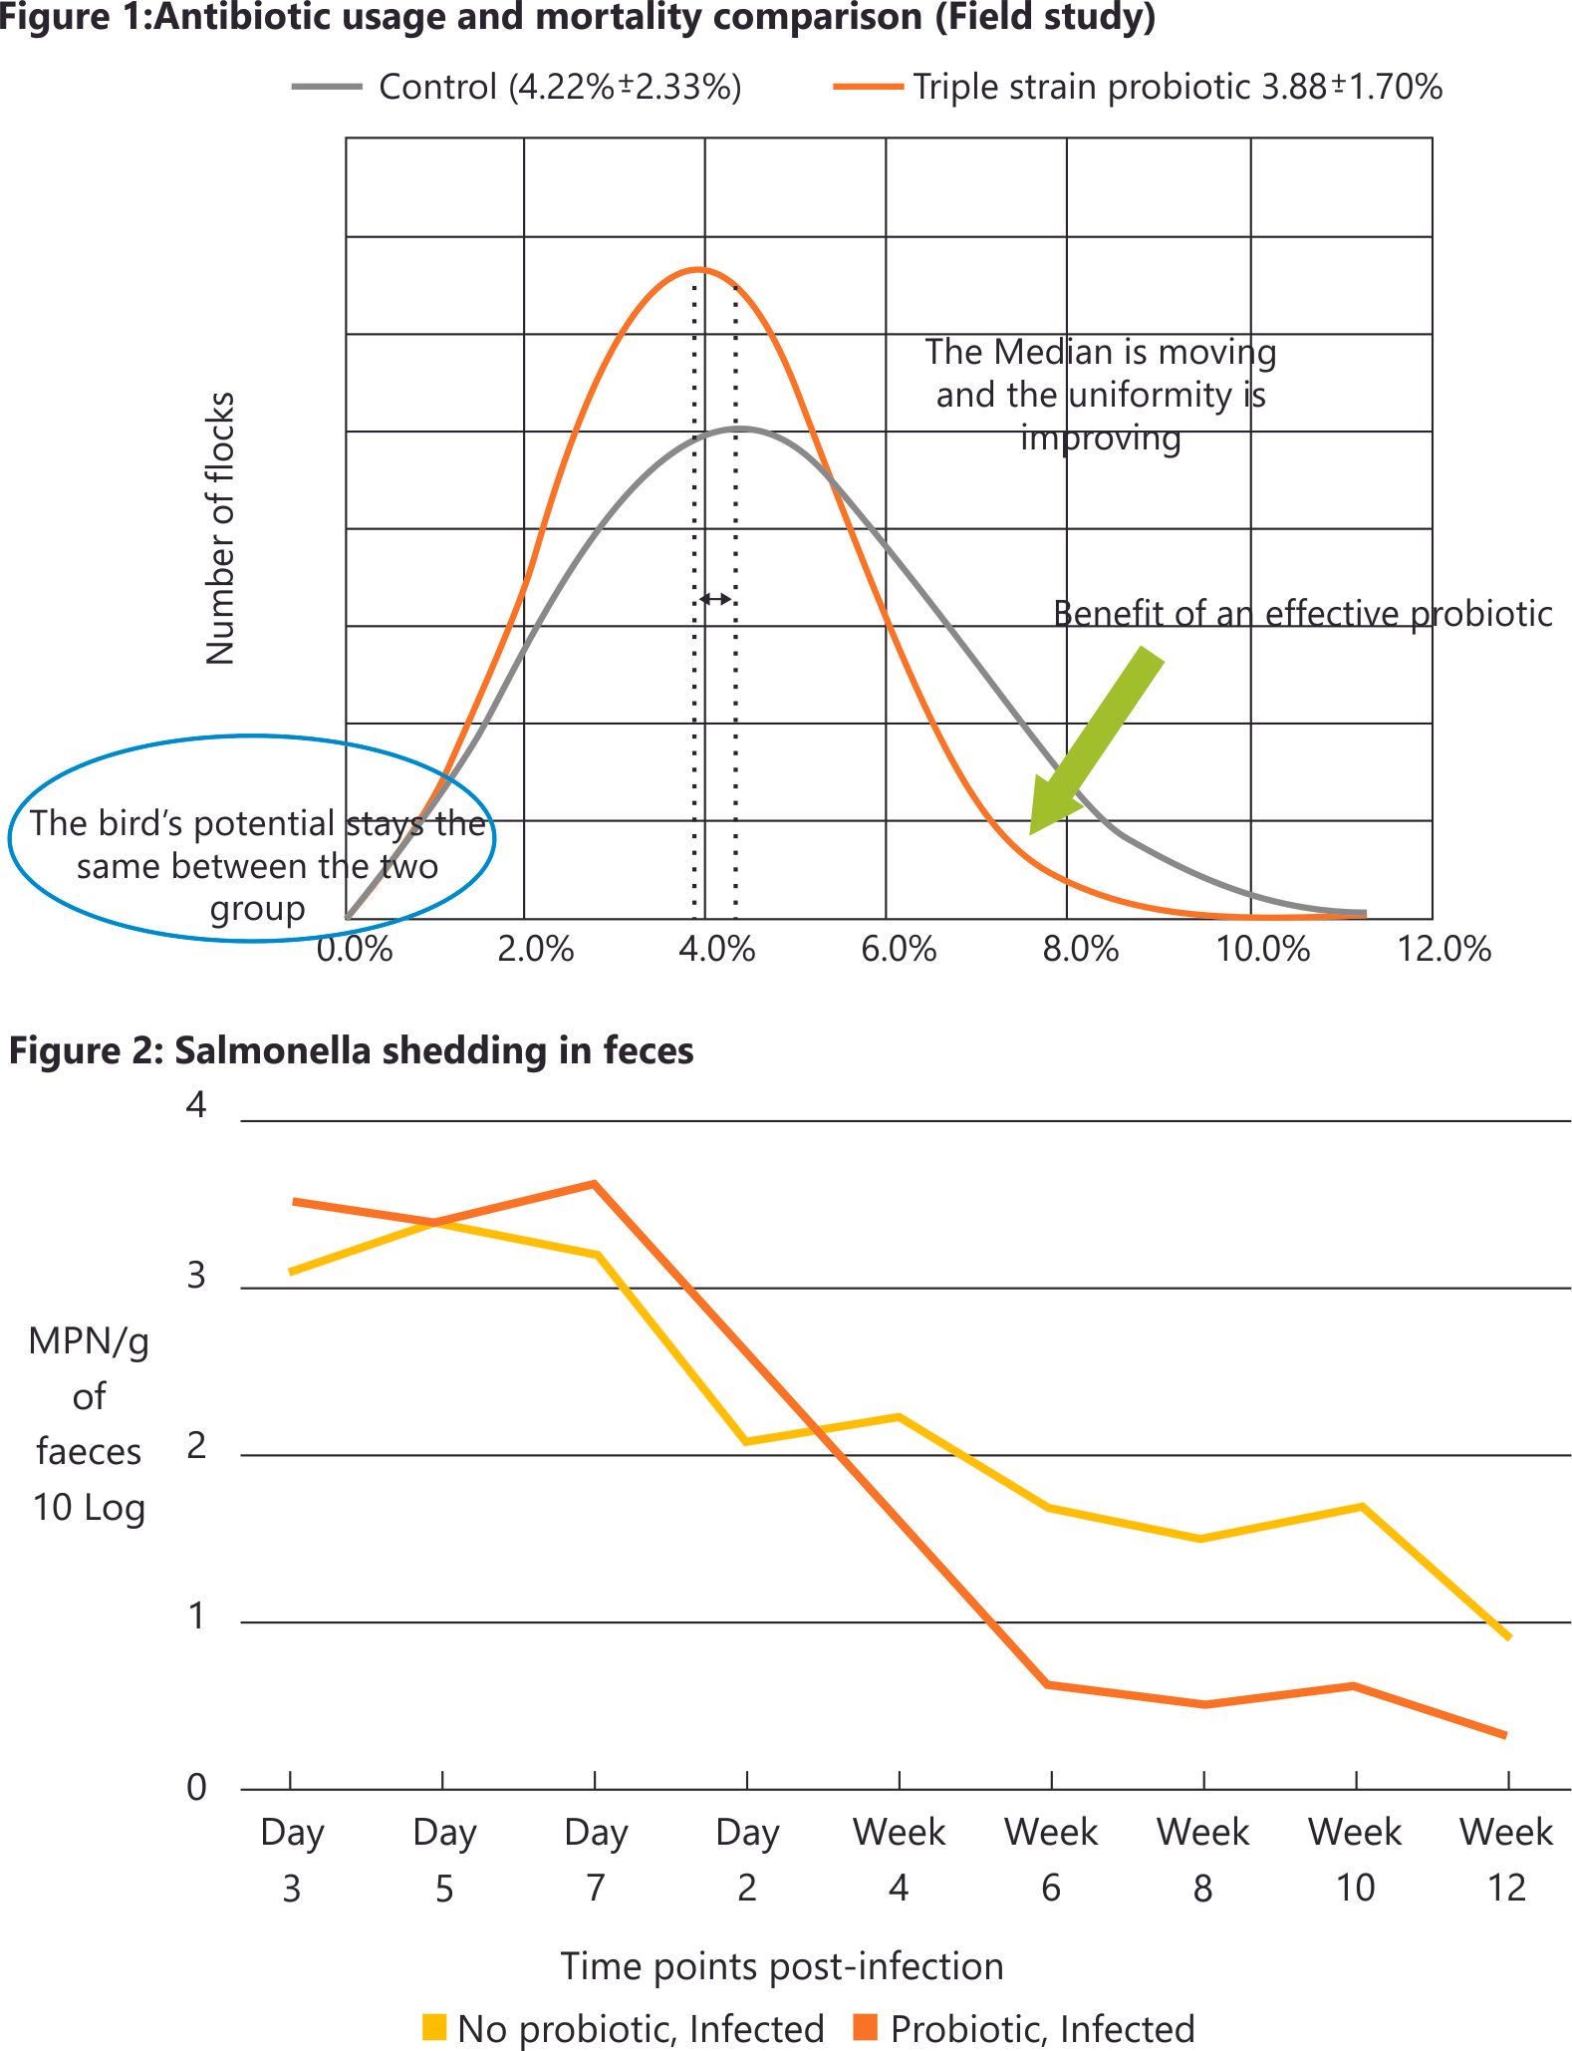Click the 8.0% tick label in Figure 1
(x=1081, y=950)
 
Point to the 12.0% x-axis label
(x=1443, y=950)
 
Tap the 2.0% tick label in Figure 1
(x=535, y=950)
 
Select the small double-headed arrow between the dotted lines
(x=715, y=599)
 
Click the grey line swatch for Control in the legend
(x=326, y=88)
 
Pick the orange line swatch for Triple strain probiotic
(x=868, y=88)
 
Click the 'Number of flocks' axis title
(x=220, y=528)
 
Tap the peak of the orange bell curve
(x=699, y=269)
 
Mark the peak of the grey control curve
(x=742, y=429)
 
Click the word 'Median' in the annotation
(x=1053, y=352)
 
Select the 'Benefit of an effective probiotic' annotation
(x=1302, y=614)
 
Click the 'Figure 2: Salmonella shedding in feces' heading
(x=351, y=1051)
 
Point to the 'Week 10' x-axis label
(x=1355, y=1860)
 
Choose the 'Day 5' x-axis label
(x=444, y=1860)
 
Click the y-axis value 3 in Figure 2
(x=196, y=1277)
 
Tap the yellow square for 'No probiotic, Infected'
(x=434, y=2027)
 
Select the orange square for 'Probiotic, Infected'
(x=866, y=2027)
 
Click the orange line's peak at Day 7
(x=595, y=1184)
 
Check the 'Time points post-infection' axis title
(x=782, y=1966)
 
